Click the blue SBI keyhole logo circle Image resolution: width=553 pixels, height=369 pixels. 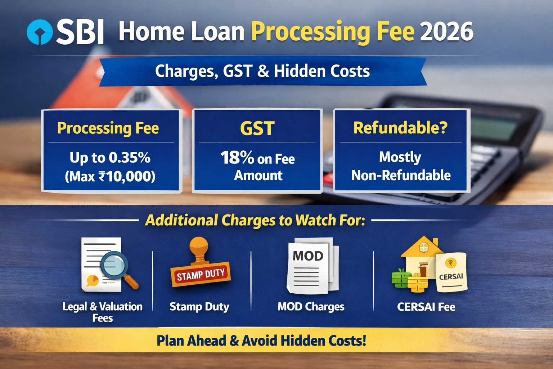pos(40,32)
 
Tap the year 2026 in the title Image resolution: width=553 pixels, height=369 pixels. pos(446,31)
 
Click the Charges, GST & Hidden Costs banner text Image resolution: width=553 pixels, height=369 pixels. pos(262,71)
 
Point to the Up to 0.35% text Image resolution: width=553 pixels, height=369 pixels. pos(110,157)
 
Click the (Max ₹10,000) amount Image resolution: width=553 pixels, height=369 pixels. pos(110,176)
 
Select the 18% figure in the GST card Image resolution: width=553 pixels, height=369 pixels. pos(237,157)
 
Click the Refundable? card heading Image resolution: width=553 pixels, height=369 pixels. pos(400,128)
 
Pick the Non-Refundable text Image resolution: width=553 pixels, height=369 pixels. pos(401,175)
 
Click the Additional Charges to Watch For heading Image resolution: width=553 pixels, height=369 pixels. pos(255,220)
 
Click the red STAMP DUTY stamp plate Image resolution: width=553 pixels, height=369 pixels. pos(201,274)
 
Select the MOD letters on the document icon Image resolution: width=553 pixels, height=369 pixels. pos(308,256)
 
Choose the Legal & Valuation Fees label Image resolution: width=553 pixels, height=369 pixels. pos(103,312)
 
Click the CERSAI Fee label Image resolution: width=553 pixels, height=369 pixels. pos(426,307)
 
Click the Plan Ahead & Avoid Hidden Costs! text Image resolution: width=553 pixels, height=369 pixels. pos(261,340)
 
